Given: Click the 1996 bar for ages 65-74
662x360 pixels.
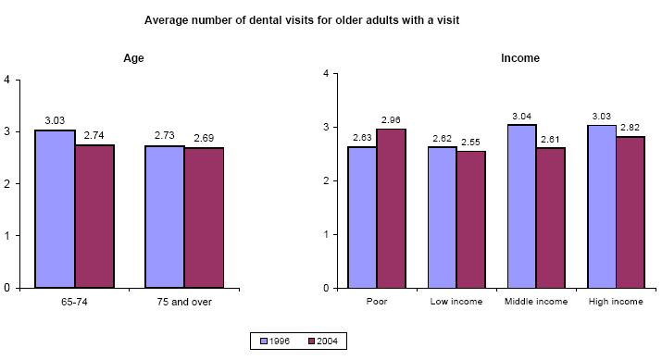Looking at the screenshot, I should pyautogui.click(x=55, y=208).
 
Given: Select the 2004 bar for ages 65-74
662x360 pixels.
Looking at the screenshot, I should pyautogui.click(x=94, y=216).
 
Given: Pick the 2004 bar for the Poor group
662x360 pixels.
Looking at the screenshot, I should pyautogui.click(x=391, y=208).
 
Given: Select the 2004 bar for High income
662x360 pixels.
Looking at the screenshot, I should pyautogui.click(x=630, y=212).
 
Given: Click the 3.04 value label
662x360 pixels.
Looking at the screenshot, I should pyautogui.click(x=522, y=118).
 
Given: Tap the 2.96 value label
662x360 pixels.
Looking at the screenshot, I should pyautogui.click(x=391, y=121).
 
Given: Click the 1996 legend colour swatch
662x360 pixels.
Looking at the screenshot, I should pyautogui.click(x=264, y=341).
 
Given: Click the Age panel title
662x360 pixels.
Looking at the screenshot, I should pyautogui.click(x=133, y=58).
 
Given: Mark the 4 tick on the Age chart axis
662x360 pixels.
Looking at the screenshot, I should pyautogui.click(x=7, y=80).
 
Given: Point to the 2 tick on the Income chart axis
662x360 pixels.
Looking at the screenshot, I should pyautogui.click(x=324, y=180).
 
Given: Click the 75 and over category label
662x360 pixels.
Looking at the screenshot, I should pyautogui.click(x=184, y=302).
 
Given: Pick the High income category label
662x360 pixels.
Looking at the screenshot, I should pyautogui.click(x=617, y=302).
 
